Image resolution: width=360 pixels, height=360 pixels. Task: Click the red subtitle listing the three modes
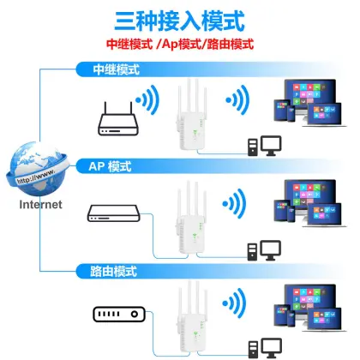click(179, 44)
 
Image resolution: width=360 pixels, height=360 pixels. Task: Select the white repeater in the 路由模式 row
click(190, 321)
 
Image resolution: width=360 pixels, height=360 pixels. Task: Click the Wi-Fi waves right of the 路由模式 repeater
click(231, 307)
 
